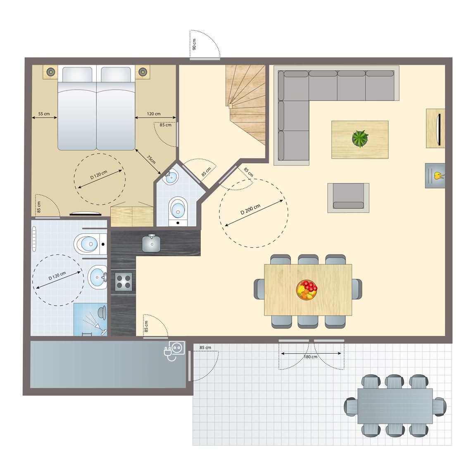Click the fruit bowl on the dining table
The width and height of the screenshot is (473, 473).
(307, 290)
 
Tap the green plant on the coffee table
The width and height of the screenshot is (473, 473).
(360, 138)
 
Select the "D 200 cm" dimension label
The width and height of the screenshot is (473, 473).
(250, 209)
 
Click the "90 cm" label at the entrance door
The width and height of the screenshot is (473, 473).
(194, 44)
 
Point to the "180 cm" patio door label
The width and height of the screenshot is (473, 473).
(310, 357)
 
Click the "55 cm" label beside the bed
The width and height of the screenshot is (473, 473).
(44, 114)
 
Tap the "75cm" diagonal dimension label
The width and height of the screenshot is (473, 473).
(151, 159)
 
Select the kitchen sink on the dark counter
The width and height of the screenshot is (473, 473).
(152, 243)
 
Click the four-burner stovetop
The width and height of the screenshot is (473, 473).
(124, 281)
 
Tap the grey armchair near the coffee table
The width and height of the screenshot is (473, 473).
(348, 198)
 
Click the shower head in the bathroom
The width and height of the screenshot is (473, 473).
(102, 312)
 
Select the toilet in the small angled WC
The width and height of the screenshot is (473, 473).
(178, 211)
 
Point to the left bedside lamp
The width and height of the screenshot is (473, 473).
(50, 72)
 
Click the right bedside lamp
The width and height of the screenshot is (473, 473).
(143, 72)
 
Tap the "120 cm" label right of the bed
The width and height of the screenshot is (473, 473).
(154, 114)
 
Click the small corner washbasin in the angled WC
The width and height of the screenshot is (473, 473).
(170, 177)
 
